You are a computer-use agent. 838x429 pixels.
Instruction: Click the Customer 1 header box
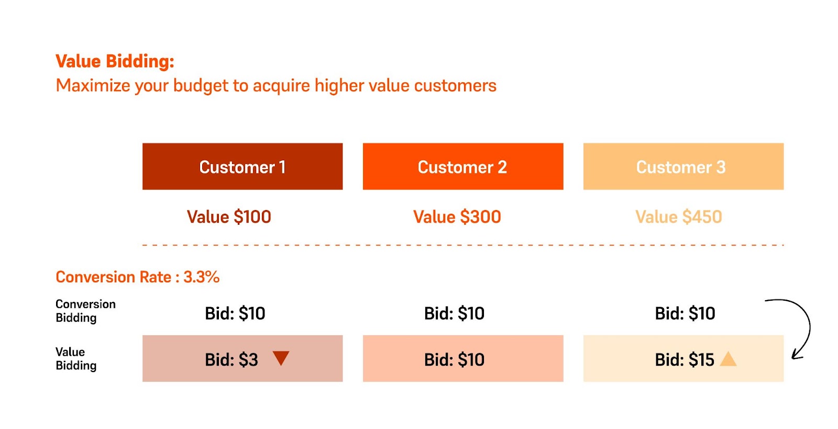[x=242, y=166]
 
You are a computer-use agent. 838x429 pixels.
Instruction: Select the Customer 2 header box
[x=463, y=166]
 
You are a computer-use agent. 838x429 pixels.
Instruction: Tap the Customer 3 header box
[x=683, y=166]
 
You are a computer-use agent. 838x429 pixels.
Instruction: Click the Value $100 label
[x=229, y=217]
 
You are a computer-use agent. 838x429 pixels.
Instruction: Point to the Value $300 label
[x=457, y=217]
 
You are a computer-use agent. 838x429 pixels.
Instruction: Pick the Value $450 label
[x=679, y=217]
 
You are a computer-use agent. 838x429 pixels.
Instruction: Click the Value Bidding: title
[x=115, y=61]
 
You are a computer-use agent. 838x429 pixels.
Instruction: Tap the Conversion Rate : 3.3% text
[x=137, y=277]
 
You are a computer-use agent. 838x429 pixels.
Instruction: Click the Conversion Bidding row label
[x=86, y=311]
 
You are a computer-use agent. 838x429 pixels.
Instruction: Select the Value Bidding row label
[x=76, y=359]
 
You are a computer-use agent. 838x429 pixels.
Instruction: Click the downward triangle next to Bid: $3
[x=281, y=358]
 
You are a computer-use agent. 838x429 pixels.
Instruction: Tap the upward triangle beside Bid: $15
[x=729, y=359]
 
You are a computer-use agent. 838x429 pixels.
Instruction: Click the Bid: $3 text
[x=231, y=360]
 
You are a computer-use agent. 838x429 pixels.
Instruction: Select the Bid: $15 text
[x=685, y=360]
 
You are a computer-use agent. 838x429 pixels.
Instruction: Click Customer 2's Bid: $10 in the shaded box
[x=454, y=360]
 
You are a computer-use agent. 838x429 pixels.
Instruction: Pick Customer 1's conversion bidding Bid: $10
[x=235, y=313]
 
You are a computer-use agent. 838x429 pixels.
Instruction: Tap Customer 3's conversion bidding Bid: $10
[x=685, y=313]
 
